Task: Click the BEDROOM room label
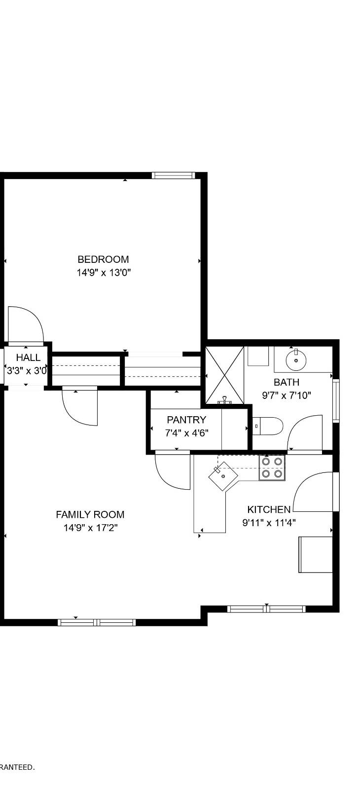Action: click(x=103, y=259)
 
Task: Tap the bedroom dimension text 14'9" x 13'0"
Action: click(x=103, y=272)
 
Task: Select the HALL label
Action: click(x=28, y=358)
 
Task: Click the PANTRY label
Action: click(x=186, y=420)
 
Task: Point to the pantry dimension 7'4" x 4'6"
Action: click(x=186, y=433)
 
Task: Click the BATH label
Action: click(x=287, y=382)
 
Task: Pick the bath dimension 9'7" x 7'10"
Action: click(x=287, y=395)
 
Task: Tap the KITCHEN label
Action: click(x=269, y=510)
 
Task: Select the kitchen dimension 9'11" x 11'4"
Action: click(x=269, y=523)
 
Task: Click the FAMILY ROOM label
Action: click(x=90, y=515)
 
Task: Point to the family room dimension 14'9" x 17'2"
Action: click(x=90, y=528)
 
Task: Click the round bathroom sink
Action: click(x=296, y=360)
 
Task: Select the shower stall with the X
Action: click(x=225, y=375)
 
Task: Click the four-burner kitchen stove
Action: click(x=272, y=467)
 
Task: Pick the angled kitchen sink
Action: click(x=223, y=476)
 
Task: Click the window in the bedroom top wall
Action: click(x=173, y=176)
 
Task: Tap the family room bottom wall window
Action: click(x=97, y=622)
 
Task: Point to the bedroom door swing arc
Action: click(x=27, y=323)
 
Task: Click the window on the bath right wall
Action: click(x=336, y=400)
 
